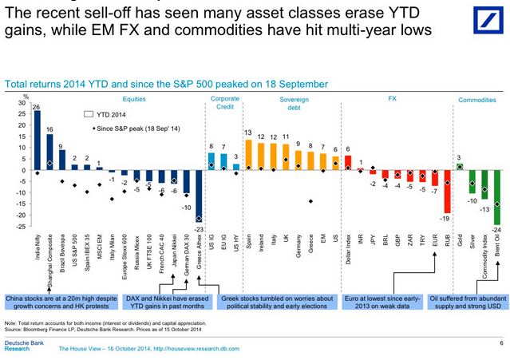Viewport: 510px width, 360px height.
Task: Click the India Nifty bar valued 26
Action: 37,140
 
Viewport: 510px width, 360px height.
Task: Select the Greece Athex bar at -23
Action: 199,196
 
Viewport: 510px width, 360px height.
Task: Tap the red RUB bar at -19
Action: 447,192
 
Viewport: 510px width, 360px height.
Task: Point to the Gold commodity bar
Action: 459,167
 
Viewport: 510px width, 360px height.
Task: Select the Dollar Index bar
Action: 347,164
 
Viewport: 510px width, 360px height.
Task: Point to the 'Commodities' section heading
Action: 478,100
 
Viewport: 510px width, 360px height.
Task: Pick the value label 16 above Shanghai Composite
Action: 49,129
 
